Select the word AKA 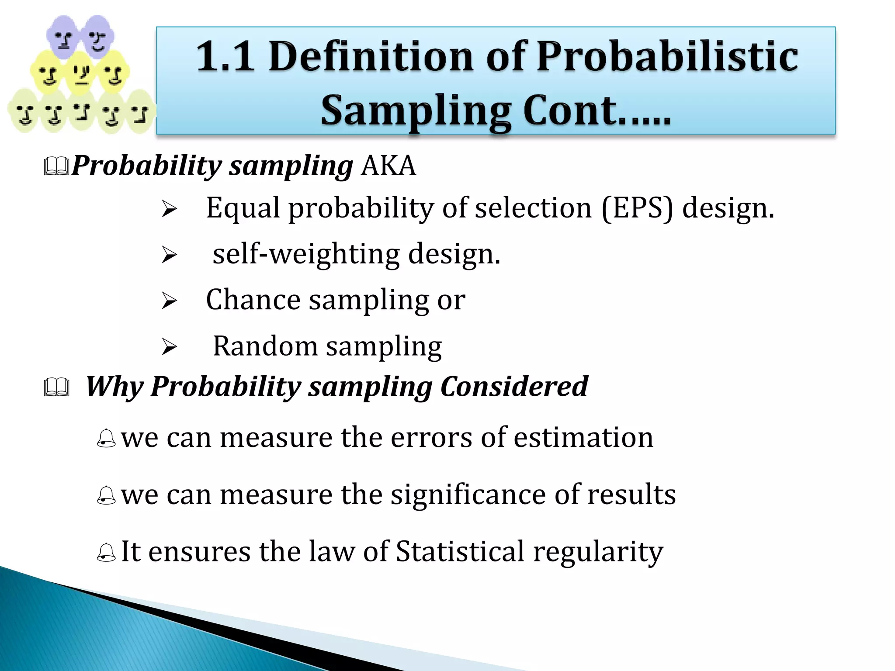click(389, 166)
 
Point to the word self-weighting click(306, 254)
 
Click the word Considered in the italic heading click(514, 386)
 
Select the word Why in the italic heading click(114, 387)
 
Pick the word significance click(468, 495)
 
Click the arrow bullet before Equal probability click(169, 209)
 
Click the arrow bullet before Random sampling click(169, 347)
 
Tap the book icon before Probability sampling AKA click(56, 166)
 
